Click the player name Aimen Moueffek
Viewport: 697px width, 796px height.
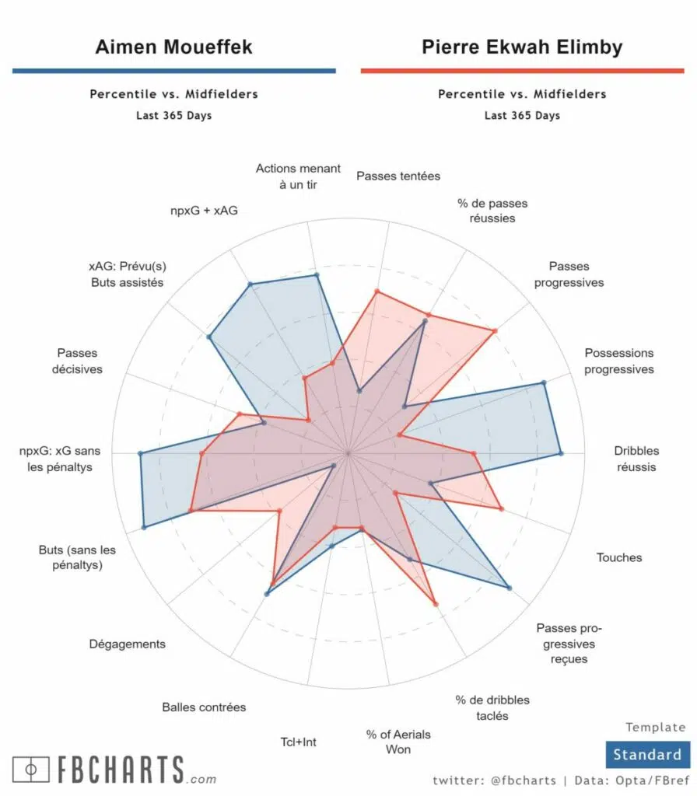(173, 47)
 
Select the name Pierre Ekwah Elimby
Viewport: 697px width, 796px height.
(522, 47)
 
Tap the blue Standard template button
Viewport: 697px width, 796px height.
(646, 754)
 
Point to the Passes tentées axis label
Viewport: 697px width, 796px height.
(398, 176)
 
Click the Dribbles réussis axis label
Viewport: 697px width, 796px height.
(636, 459)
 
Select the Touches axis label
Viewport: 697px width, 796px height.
(619, 557)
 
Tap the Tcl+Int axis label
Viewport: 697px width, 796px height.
(298, 742)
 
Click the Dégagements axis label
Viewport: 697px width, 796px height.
(127, 644)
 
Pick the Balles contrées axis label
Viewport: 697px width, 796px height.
(204, 707)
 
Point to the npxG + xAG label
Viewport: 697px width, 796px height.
(203, 210)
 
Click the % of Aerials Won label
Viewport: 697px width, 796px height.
(398, 742)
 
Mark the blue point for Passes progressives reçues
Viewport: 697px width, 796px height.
(509, 588)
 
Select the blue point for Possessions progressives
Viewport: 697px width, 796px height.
(544, 382)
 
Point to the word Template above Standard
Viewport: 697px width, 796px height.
(656, 728)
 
